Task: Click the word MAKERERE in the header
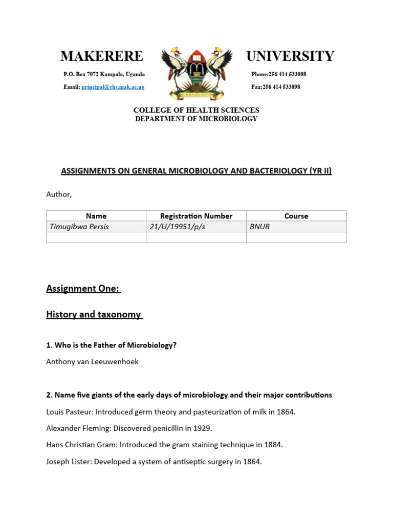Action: (101, 56)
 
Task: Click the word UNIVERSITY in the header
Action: (290, 56)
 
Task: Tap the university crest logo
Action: (196, 72)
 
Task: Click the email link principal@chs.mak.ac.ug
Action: (113, 87)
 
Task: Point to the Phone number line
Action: (278, 74)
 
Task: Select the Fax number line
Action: (275, 87)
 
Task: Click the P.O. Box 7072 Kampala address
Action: (104, 74)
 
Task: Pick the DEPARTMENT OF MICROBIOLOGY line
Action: (196, 119)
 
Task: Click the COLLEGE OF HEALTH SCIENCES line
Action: (196, 110)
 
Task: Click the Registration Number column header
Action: (196, 216)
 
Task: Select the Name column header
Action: (96, 216)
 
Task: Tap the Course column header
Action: (296, 216)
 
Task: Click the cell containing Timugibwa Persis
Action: (79, 227)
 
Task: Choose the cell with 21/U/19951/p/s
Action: (177, 227)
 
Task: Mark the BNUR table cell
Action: (259, 227)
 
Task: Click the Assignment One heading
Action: (83, 289)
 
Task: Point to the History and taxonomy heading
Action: (94, 315)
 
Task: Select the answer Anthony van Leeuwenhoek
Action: (92, 362)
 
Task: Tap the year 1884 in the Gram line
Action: (273, 445)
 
